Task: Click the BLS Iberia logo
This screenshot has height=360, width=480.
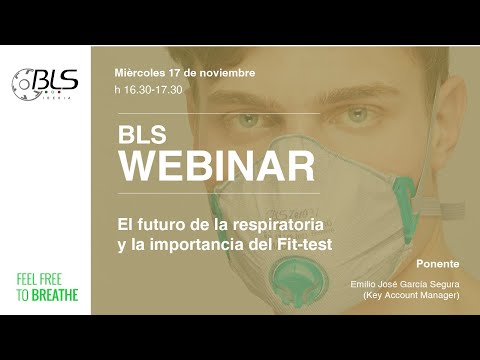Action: tap(45, 84)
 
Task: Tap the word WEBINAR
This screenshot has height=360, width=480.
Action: tap(217, 166)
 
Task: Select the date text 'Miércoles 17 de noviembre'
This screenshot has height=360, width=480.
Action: tap(185, 73)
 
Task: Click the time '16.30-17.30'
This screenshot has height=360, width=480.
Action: tap(153, 90)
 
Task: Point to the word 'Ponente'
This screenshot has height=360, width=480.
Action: tap(438, 264)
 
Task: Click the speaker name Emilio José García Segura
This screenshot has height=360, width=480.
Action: tap(405, 284)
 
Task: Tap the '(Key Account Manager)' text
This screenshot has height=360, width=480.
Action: tap(411, 295)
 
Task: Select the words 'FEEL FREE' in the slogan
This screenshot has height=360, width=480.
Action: tap(39, 279)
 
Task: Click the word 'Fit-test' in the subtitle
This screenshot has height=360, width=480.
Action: tap(305, 244)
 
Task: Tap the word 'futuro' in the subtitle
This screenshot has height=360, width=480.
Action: tap(159, 225)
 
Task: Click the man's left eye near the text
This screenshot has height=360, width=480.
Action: tap(248, 119)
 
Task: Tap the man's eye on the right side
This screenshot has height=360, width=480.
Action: tap(357, 115)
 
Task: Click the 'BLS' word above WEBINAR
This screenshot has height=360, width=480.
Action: tap(142, 135)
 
